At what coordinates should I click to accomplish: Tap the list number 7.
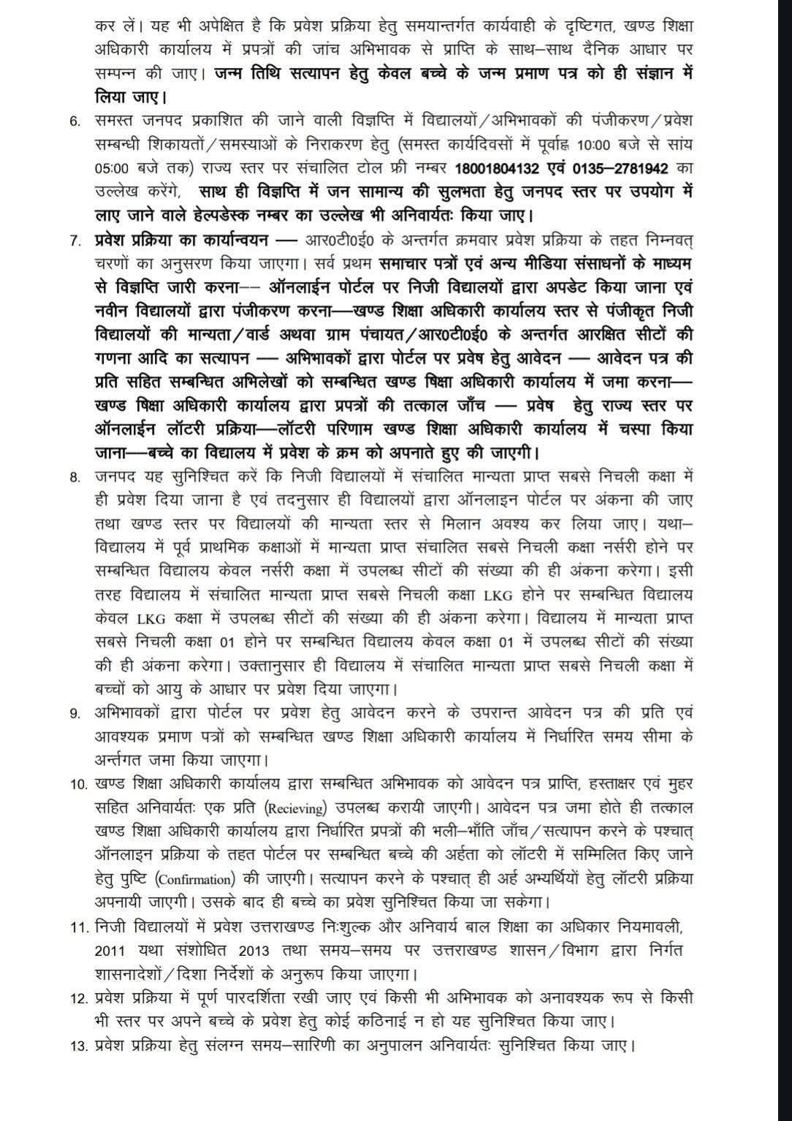pyautogui.click(x=75, y=240)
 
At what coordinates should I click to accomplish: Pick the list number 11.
pyautogui.click(x=78, y=928)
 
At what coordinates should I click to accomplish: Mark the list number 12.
pyautogui.click(x=78, y=998)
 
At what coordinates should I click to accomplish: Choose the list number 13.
pyautogui.click(x=78, y=1046)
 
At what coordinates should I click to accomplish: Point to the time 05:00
pyautogui.click(x=112, y=168)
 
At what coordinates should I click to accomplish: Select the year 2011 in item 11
pyautogui.click(x=112, y=951)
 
